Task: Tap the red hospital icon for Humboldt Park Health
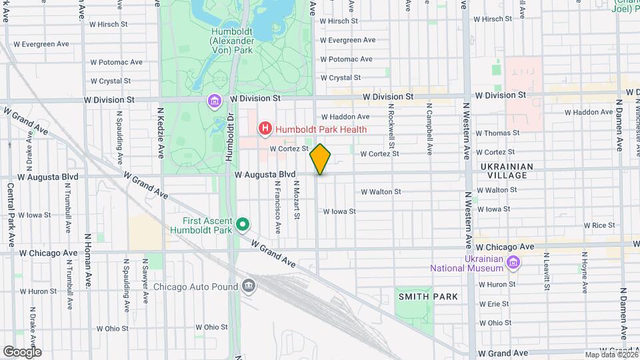point(265,128)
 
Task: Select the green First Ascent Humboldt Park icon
point(243,225)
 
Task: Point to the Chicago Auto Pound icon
point(249,286)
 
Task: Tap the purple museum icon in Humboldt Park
point(214,101)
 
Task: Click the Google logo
point(22,351)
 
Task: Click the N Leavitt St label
point(546,272)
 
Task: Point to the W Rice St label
point(601,225)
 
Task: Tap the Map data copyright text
point(609,355)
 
